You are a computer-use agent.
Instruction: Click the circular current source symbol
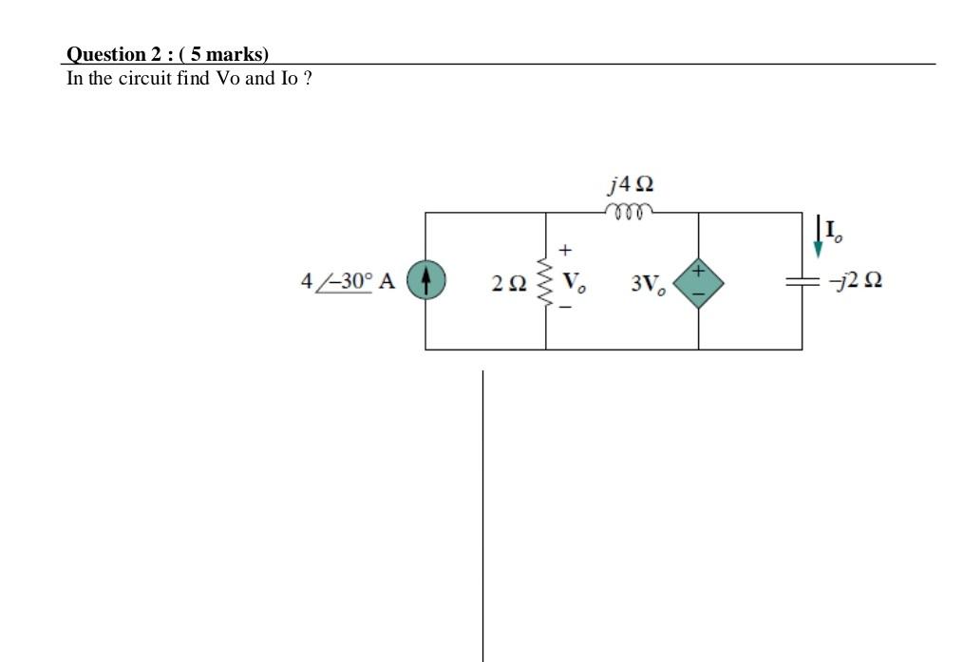[426, 281]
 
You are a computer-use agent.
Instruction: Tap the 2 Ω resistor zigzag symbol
[545, 281]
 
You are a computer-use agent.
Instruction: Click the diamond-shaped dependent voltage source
[699, 281]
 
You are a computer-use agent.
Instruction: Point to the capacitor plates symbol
[802, 281]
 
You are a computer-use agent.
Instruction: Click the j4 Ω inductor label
[630, 181]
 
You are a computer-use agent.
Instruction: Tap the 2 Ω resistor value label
[509, 282]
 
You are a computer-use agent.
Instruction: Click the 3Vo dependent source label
[648, 283]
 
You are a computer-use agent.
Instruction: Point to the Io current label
[833, 230]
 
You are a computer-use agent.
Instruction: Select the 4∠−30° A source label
[348, 281]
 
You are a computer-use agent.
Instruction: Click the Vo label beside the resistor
[573, 282]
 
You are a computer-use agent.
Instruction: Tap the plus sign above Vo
[564, 251]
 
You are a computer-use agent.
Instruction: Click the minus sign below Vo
[563, 308]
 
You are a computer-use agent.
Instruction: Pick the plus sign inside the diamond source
[699, 271]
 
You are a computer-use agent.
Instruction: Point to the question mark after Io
[308, 78]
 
